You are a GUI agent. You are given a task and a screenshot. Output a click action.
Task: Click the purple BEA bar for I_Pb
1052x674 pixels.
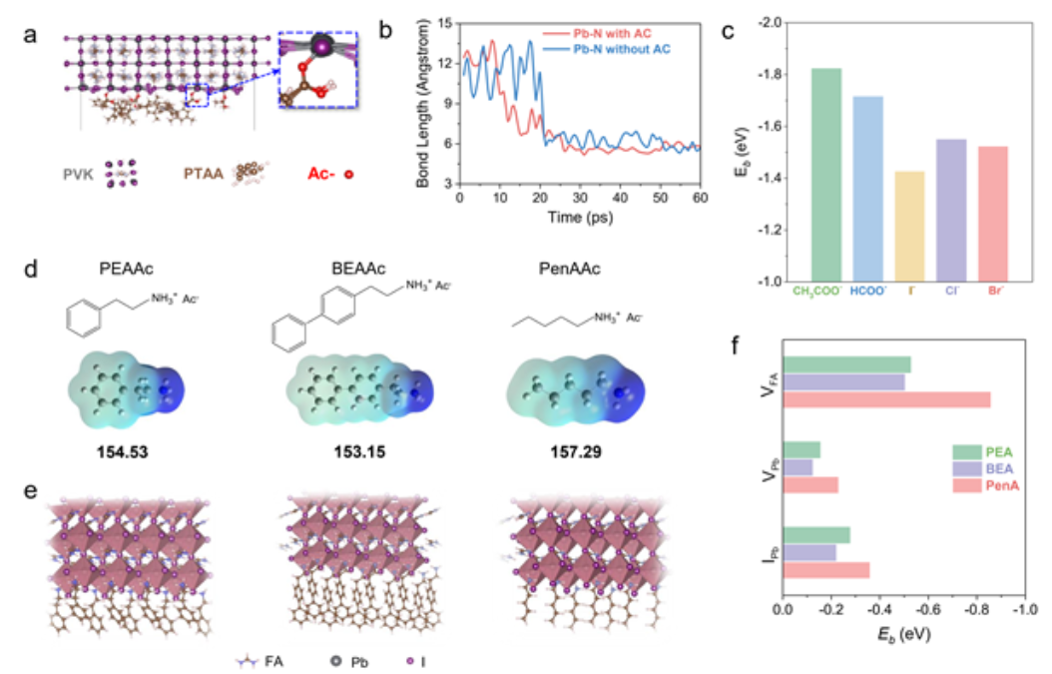click(x=810, y=553)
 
